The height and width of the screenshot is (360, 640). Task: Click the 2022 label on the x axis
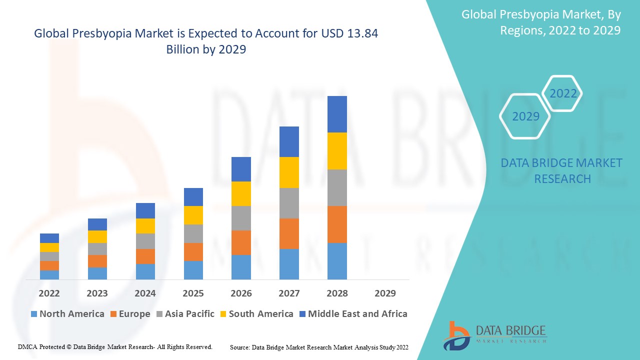49,293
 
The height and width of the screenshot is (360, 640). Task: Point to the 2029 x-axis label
385,293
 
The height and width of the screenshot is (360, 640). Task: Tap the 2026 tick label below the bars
241,293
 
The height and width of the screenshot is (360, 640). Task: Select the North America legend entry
67,314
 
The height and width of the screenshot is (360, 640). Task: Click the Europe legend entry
129,314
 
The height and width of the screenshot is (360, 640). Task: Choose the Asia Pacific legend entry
185,314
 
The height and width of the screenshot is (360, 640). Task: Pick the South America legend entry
256,314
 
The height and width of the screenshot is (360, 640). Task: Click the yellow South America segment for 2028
337,151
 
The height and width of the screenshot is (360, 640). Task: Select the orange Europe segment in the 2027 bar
289,233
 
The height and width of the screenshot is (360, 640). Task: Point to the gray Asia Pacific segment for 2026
241,218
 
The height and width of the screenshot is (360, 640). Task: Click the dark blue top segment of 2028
337,114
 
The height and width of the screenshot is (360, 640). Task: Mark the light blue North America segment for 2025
193,270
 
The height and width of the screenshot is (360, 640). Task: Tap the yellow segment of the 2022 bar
49,247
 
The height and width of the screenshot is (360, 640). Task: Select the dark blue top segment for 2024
145,210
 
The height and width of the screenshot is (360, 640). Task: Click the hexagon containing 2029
525,116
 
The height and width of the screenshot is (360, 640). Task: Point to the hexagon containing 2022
562,93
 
